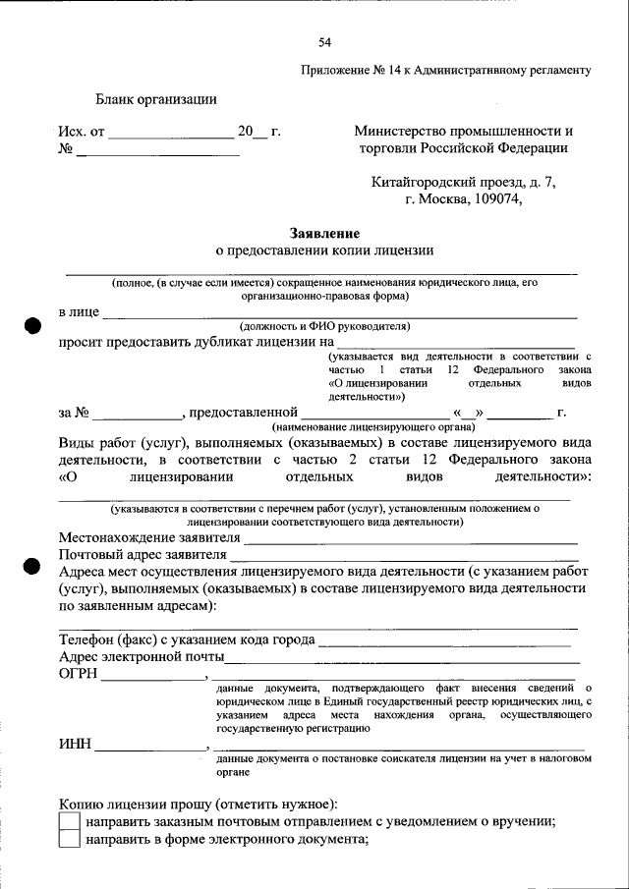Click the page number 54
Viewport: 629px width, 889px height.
(324, 41)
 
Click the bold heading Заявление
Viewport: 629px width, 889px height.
(324, 234)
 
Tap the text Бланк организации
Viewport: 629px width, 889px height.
(156, 98)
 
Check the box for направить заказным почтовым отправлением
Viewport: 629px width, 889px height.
(69, 821)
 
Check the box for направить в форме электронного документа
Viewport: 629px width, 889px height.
(69, 840)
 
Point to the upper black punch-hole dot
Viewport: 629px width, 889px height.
(32, 327)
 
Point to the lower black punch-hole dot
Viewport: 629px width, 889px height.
(32, 566)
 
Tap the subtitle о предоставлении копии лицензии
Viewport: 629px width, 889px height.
(324, 251)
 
